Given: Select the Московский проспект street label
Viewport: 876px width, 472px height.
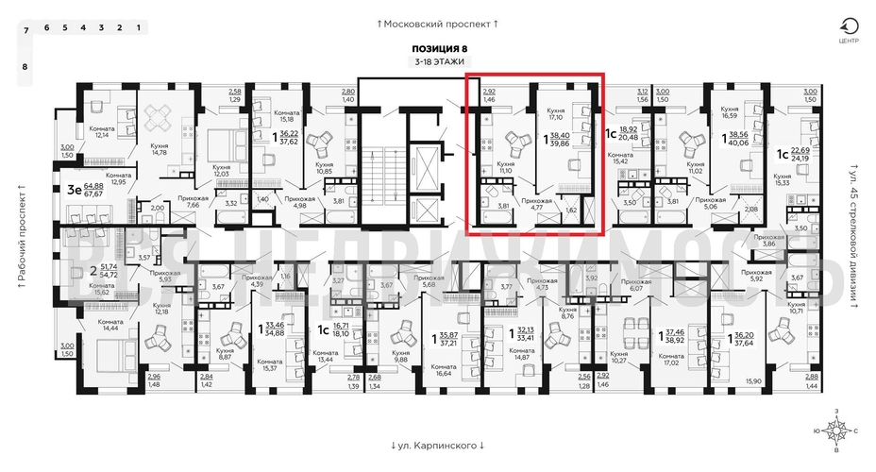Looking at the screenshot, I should point(437,23).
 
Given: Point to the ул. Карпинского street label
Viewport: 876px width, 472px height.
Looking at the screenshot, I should point(437,445).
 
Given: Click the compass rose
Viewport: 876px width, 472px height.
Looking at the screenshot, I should point(835,430).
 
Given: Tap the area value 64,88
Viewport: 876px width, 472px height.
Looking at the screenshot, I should point(93,187).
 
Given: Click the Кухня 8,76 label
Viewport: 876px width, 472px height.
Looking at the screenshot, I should point(568,313).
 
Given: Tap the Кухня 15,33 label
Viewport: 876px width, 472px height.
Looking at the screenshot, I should point(782,180).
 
